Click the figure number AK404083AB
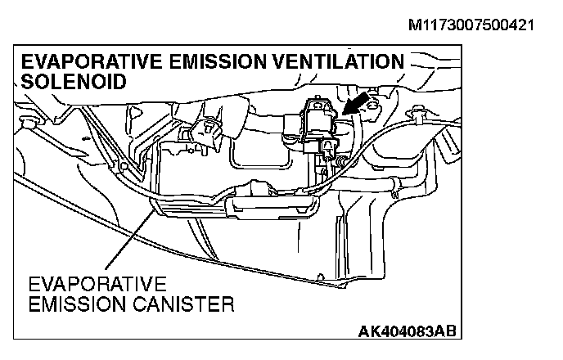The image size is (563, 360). (x=407, y=331)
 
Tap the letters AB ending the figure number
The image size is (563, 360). (x=443, y=331)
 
